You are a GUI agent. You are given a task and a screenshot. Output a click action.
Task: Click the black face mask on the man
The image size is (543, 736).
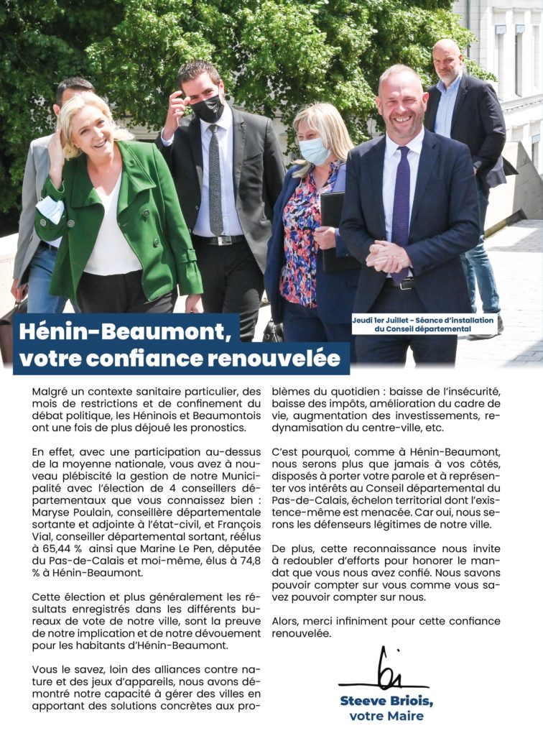coord(208,109)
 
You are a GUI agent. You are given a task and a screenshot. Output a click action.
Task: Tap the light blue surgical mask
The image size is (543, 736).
coord(313,150)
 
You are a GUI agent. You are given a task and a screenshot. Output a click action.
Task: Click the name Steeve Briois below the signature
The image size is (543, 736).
coord(386,701)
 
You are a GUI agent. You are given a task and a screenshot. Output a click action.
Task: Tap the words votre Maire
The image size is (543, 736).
coord(386,716)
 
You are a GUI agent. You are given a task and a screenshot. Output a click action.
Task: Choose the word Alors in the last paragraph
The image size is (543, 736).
coord(287,621)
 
